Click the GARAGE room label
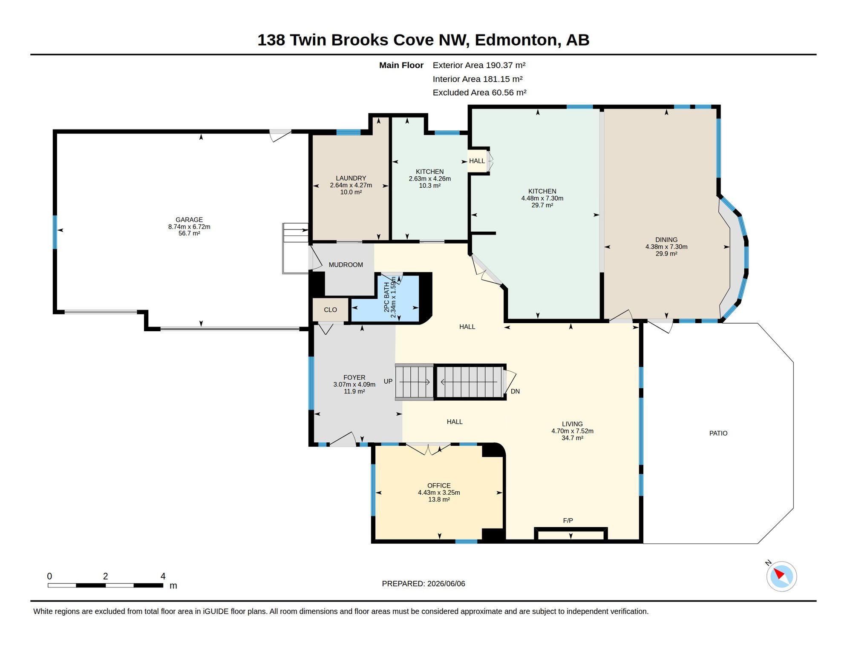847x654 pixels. [189, 220]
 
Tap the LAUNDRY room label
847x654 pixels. [351, 178]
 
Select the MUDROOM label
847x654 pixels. [346, 265]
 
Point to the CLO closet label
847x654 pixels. [330, 310]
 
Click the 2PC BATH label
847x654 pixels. [387, 297]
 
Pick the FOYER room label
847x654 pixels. [354, 377]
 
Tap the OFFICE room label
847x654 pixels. [439, 485]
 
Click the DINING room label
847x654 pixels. [666, 240]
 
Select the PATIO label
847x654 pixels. [718, 433]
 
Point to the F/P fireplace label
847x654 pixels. [568, 520]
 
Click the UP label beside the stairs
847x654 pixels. [388, 381]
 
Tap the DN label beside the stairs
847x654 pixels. [515, 391]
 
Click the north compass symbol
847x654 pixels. [781, 576]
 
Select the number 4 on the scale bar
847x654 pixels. [163, 576]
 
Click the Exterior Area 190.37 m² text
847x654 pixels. [479, 65]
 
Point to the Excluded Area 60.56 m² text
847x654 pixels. [479, 92]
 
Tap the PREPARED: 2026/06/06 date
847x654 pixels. [423, 584]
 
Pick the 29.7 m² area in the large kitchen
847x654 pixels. [542, 205]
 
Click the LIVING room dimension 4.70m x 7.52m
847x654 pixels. [572, 431]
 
